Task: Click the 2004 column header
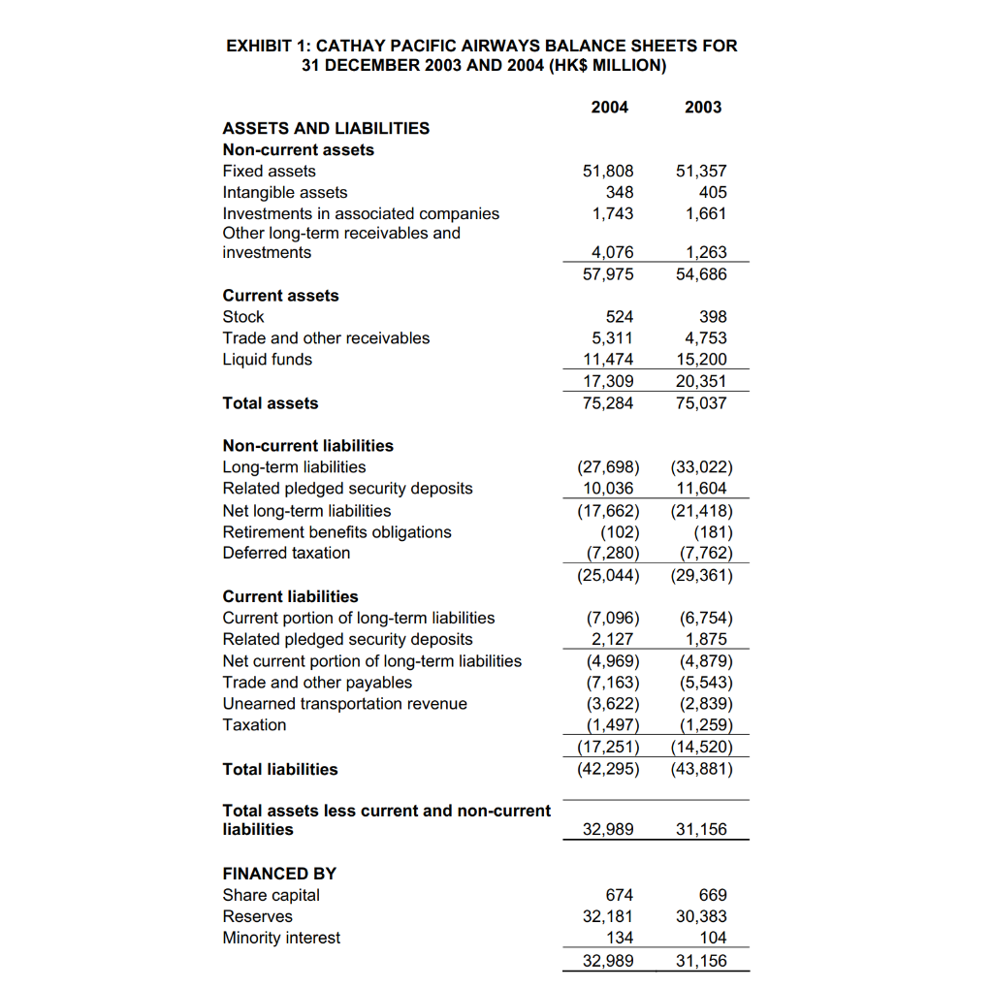[609, 107]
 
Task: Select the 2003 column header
[702, 107]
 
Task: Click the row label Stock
[243, 316]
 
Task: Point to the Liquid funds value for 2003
[701, 359]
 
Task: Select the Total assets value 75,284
[608, 402]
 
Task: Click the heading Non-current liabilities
[308, 445]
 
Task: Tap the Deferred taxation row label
[286, 553]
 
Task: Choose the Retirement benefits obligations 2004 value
[619, 531]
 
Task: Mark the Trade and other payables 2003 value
[701, 682]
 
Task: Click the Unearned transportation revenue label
[344, 703]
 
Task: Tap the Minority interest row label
[281, 938]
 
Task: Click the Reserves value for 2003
[701, 916]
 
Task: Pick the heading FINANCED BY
[279, 873]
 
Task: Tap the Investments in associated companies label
[361, 213]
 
